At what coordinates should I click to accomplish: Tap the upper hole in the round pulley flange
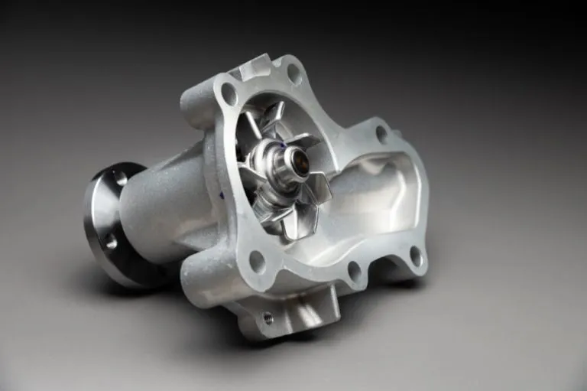pyautogui.click(x=120, y=179)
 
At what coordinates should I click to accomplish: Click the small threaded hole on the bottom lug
pyautogui.click(x=268, y=317)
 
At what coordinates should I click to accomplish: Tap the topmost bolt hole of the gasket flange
pyautogui.click(x=293, y=73)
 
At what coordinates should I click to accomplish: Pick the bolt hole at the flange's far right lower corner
pyautogui.click(x=416, y=255)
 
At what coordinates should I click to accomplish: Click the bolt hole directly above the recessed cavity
pyautogui.click(x=381, y=134)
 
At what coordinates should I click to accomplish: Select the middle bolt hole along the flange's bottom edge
pyautogui.click(x=354, y=269)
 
